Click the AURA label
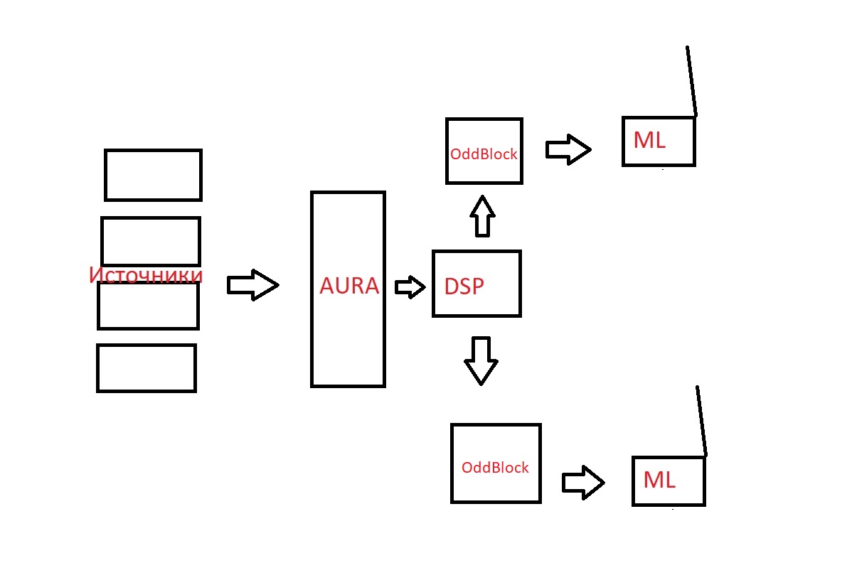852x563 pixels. [349, 286]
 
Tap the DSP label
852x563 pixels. [464, 286]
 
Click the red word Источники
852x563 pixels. [146, 275]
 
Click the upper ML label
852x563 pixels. [649, 141]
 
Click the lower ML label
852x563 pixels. [659, 481]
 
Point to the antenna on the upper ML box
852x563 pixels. [691, 80]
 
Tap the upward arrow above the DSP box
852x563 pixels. [483, 215]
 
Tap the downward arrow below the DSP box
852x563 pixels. [481, 360]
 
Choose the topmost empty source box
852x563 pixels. [153, 175]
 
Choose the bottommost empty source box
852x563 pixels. [146, 368]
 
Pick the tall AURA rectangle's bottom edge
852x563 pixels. [348, 386]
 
